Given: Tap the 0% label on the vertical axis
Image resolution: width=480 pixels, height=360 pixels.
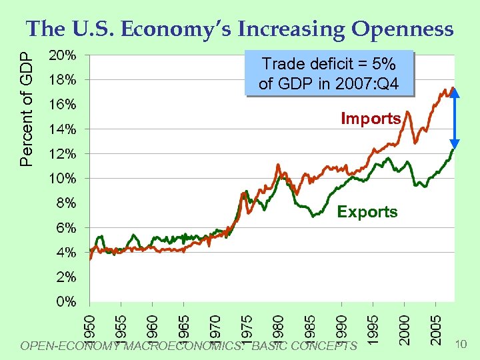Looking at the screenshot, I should pyautogui.click(x=65, y=301).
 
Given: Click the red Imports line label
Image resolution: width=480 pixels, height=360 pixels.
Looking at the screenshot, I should pyautogui.click(x=371, y=119).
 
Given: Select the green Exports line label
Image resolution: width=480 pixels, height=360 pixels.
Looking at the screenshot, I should pyautogui.click(x=367, y=212).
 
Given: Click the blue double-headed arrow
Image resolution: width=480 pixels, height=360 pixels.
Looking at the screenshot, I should pyautogui.click(x=455, y=118).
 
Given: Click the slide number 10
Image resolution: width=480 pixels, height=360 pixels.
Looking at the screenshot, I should pyautogui.click(x=460, y=344).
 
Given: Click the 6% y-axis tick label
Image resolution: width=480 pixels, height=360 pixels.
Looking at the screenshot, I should pyautogui.click(x=65, y=227).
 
